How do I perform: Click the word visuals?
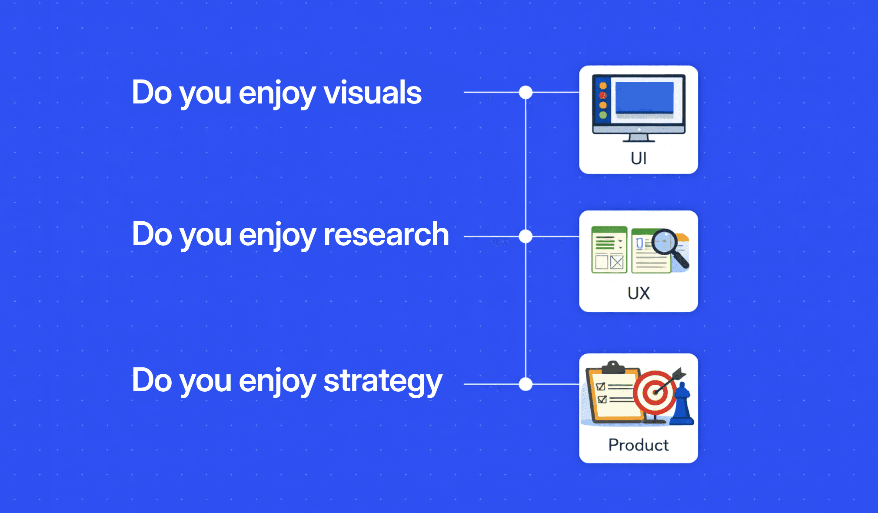coord(372,93)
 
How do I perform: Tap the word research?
coord(386,234)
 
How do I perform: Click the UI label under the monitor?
coord(639,158)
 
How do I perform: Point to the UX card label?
coord(639,293)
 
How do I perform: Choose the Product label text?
coord(639,445)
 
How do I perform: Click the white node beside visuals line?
coord(525,92)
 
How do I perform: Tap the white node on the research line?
coord(525,237)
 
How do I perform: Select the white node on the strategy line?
coord(525,384)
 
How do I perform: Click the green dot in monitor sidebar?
coord(603,115)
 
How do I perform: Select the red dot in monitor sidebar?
coord(603,95)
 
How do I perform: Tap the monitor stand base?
coord(639,140)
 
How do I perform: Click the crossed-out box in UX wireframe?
coord(617,262)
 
